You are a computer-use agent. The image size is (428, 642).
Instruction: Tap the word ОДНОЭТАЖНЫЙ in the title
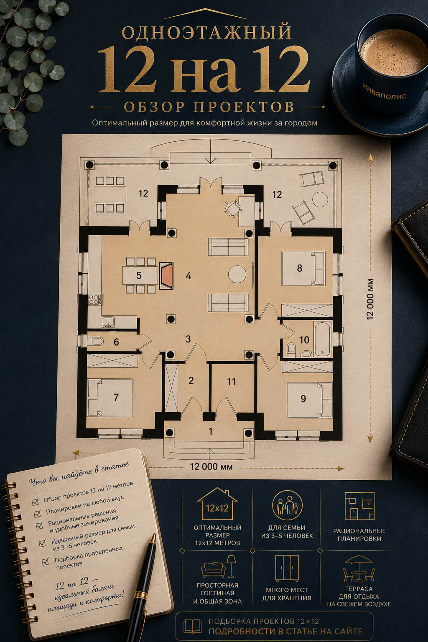[x=207, y=32]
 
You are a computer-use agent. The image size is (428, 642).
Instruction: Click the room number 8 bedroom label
[x=299, y=268]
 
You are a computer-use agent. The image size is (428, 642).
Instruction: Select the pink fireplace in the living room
[x=166, y=275]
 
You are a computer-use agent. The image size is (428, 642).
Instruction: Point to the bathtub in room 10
[x=323, y=339]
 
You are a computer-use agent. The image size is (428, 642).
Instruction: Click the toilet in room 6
[x=95, y=341]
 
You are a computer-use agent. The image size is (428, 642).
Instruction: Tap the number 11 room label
[x=231, y=382]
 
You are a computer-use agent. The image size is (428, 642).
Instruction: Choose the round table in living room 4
[x=237, y=274]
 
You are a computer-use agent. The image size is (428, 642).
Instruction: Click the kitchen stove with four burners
[x=95, y=300]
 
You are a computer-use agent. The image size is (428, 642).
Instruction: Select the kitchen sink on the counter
[x=108, y=322]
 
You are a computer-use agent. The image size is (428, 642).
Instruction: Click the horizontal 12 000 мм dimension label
[x=211, y=466]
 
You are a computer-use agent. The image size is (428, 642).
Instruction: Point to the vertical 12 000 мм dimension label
[x=370, y=299]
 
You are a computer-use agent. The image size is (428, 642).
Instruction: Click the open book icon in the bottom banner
[x=192, y=627]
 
